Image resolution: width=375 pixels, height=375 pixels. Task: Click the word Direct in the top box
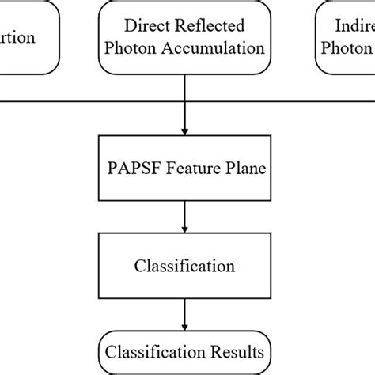tap(142, 26)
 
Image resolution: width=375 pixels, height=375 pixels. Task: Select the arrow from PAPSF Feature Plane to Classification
tap(184, 215)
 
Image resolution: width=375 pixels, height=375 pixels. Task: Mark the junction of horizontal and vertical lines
tap(184, 100)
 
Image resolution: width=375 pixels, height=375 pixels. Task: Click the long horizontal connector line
tap(79, 100)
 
